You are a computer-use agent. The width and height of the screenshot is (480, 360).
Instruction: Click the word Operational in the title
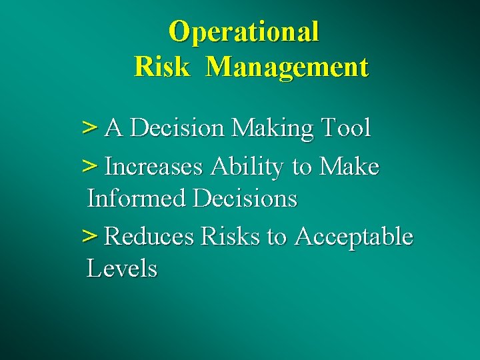tap(244, 31)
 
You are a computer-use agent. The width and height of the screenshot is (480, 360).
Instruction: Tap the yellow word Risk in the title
tap(161, 67)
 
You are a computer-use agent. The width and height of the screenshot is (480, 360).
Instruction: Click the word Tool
tap(345, 127)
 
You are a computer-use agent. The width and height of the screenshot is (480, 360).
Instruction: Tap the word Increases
tap(154, 166)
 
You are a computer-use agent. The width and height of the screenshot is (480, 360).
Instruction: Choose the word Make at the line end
tap(349, 166)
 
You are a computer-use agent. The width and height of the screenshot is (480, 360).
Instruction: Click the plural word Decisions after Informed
tap(245, 199)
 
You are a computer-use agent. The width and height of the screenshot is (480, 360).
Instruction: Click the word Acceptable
tap(353, 237)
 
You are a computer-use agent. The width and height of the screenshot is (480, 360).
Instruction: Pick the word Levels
tap(122, 269)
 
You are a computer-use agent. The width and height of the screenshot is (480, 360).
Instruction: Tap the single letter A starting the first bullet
tap(114, 127)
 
